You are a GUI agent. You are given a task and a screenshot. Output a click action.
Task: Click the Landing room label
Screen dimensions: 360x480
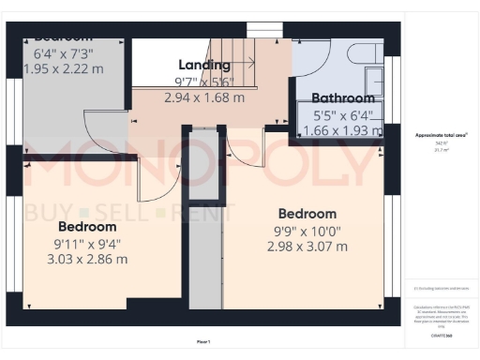[x=204, y=65]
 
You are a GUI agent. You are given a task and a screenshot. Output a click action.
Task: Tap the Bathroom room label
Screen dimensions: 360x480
[x=343, y=97]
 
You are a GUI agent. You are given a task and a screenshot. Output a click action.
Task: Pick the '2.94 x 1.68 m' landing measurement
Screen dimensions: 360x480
[x=204, y=97]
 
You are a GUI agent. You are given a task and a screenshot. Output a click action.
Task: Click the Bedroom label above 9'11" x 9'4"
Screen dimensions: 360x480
[x=87, y=227]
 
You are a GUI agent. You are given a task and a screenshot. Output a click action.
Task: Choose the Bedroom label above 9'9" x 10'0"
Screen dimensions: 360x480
[x=306, y=214]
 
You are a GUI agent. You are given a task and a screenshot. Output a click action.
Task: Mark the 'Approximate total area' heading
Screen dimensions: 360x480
[x=442, y=135]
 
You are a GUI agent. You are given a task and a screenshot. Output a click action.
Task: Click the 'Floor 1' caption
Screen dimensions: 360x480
[x=203, y=341]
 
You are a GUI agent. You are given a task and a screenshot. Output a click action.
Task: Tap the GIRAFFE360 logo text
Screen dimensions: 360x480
[x=442, y=335]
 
